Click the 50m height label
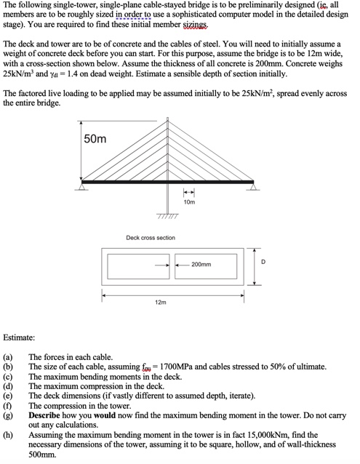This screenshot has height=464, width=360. (x=95, y=139)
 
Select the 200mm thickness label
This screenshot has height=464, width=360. (x=203, y=265)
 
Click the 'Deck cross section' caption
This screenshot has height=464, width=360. (x=151, y=238)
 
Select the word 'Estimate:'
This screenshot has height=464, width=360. (x=19, y=337)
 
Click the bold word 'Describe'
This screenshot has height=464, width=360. (x=48, y=414)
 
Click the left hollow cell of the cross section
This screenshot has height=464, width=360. (x=136, y=265)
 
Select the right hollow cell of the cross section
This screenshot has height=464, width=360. (x=206, y=265)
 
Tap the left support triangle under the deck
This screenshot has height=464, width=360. (x=84, y=187)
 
